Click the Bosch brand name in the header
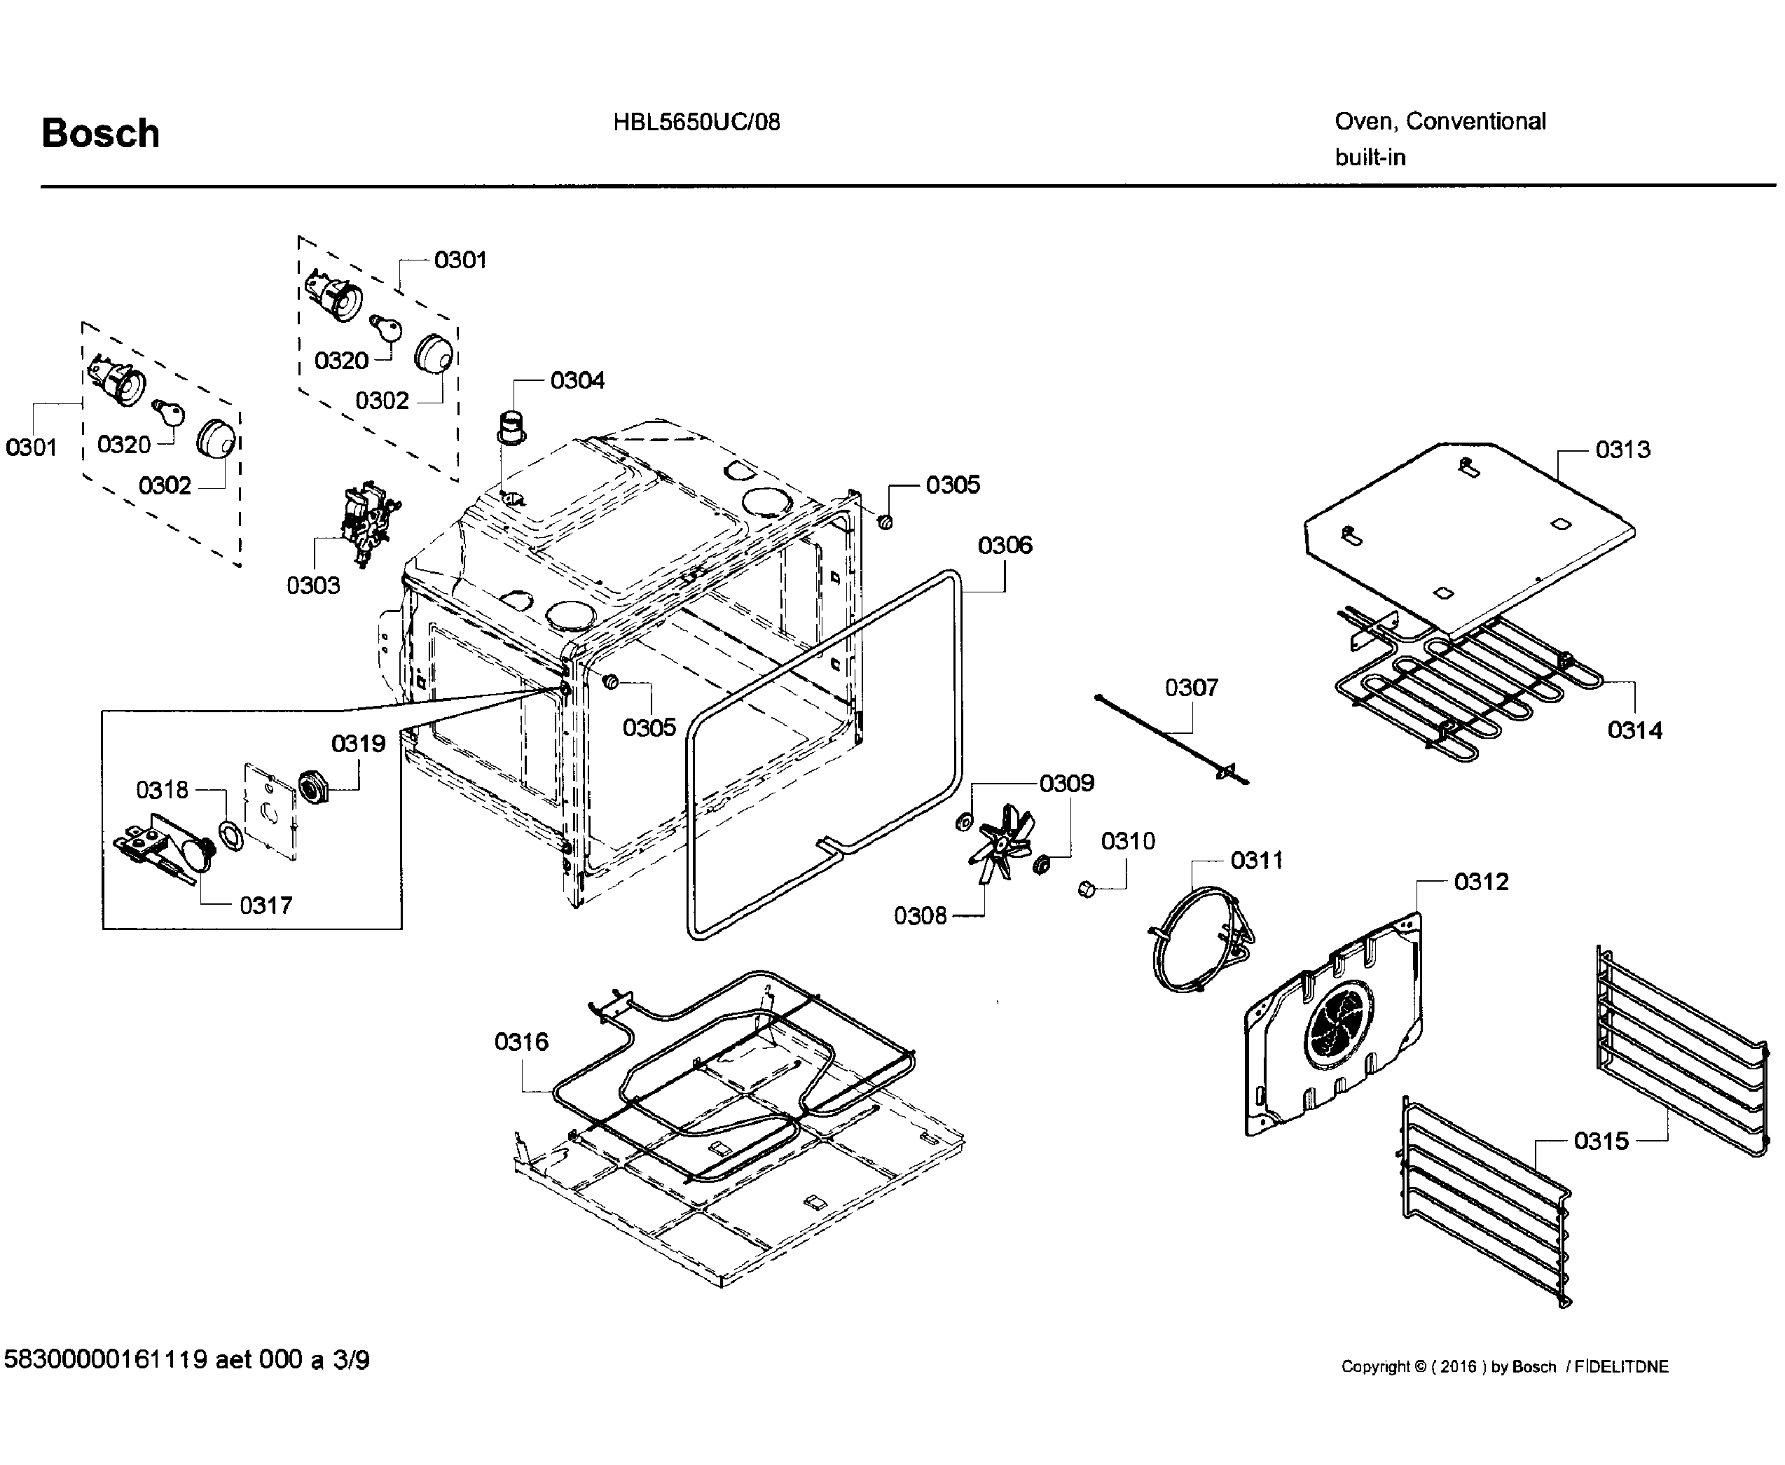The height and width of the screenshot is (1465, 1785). [100, 133]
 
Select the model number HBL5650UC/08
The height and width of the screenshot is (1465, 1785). [696, 123]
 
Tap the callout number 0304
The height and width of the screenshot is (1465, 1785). [577, 380]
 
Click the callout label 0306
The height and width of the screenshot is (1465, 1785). [1005, 545]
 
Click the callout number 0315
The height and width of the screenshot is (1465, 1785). [1601, 1141]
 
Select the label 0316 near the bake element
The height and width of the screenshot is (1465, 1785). [521, 1042]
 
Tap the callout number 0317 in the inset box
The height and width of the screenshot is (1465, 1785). [266, 905]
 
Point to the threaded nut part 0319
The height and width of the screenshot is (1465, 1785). [314, 789]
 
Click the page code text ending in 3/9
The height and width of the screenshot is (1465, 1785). [186, 1359]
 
